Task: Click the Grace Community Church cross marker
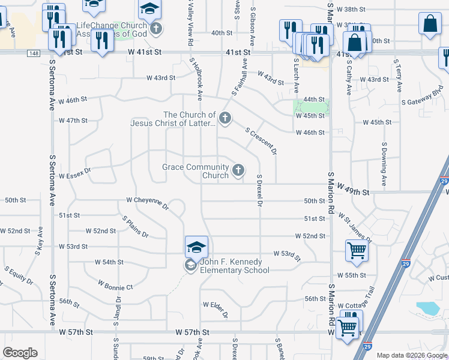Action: (x=238, y=171)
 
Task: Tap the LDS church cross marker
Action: (x=225, y=118)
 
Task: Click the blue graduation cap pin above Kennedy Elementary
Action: (x=196, y=247)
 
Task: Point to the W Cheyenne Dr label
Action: (x=148, y=203)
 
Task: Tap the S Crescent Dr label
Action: (x=261, y=141)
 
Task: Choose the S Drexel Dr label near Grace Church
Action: (x=260, y=191)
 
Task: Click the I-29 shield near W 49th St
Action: (x=444, y=181)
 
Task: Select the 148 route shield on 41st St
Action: (x=33, y=53)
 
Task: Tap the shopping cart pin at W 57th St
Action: (x=348, y=328)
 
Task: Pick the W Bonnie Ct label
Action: (x=115, y=284)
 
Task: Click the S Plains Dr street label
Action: (x=135, y=226)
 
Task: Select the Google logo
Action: (x=20, y=353)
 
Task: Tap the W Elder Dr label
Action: (x=216, y=309)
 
